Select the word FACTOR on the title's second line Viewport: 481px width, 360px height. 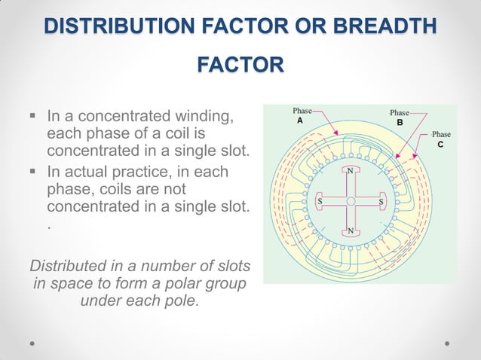(240, 66)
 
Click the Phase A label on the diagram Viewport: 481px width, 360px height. (302, 116)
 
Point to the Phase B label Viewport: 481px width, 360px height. (399, 117)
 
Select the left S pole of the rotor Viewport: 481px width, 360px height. (320, 201)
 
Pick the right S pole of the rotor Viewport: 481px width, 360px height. (380, 201)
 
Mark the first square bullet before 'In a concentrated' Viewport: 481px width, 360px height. (33, 117)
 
